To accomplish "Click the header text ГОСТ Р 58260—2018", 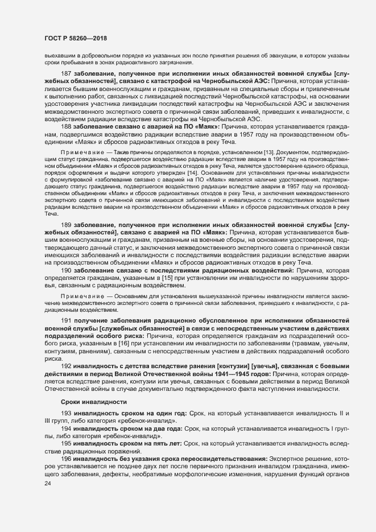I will (76, 38).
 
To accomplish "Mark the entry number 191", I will (65, 323).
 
